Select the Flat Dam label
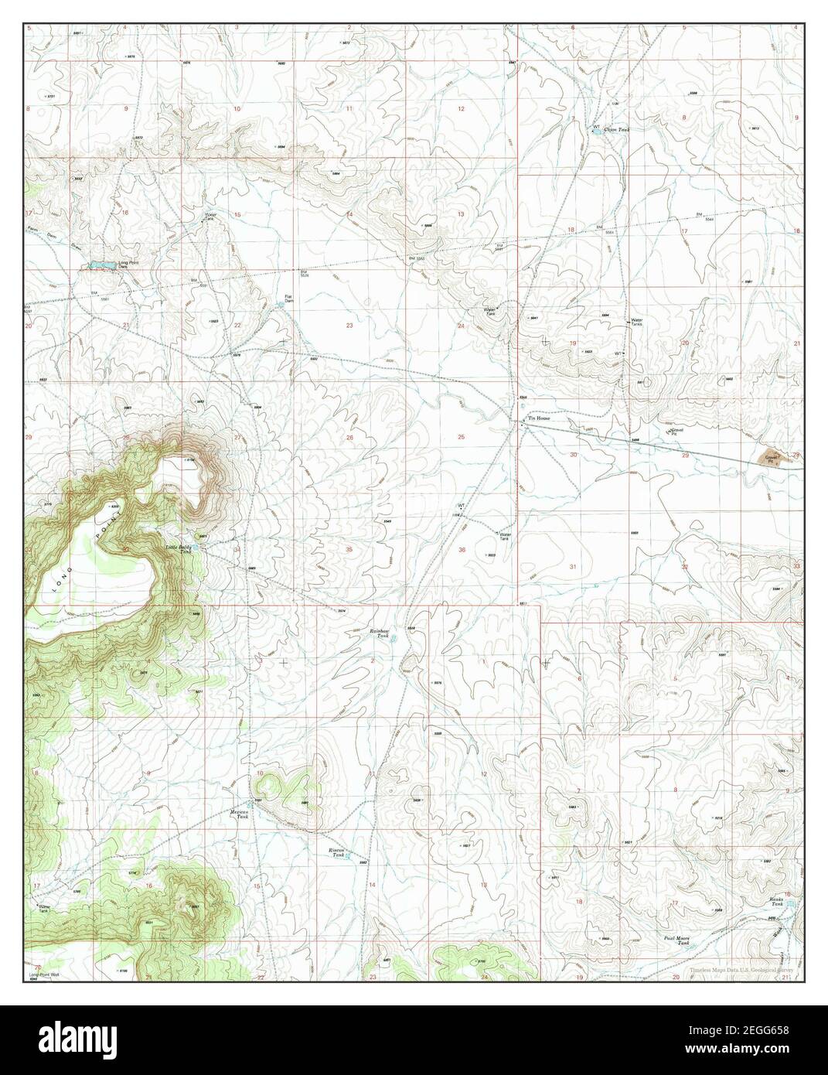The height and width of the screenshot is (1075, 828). coord(288,298)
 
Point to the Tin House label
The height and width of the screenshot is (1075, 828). coord(537,419)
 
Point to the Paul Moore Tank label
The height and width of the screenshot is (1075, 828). coord(677,940)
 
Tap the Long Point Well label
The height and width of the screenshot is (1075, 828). coord(45,974)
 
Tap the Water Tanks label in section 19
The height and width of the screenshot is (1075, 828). coord(637,322)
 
